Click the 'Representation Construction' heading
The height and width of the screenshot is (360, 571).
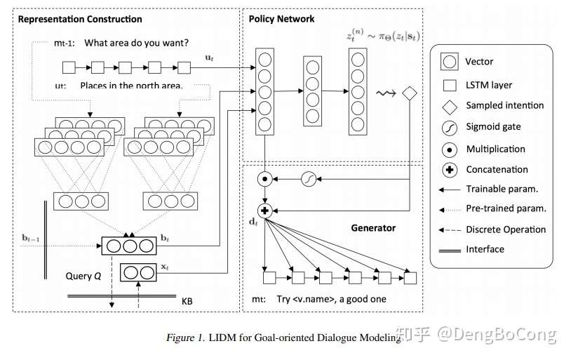coord(79,20)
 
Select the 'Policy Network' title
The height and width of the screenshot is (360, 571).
coord(281,19)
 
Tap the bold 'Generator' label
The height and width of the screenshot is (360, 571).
coord(373,228)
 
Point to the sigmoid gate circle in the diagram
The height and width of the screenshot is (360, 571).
coord(308,179)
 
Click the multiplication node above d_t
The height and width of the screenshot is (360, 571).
coord(264,179)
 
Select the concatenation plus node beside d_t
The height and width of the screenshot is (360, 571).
coord(264,210)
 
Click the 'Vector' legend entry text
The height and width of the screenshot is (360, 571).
coord(479,62)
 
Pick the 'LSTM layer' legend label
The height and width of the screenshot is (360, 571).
coord(489,85)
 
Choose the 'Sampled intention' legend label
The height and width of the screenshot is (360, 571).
coord(504,105)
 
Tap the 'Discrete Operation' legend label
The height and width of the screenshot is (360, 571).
coord(506,229)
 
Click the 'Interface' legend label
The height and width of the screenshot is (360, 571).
coord(485,248)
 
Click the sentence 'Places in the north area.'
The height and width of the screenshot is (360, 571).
coord(131,86)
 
